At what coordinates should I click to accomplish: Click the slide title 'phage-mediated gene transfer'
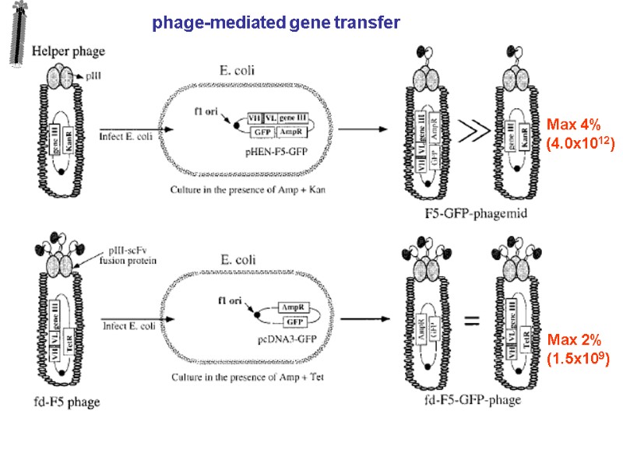coord(276,23)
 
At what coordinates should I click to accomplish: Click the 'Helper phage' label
coord(69,51)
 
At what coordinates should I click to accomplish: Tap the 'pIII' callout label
coord(92,75)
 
